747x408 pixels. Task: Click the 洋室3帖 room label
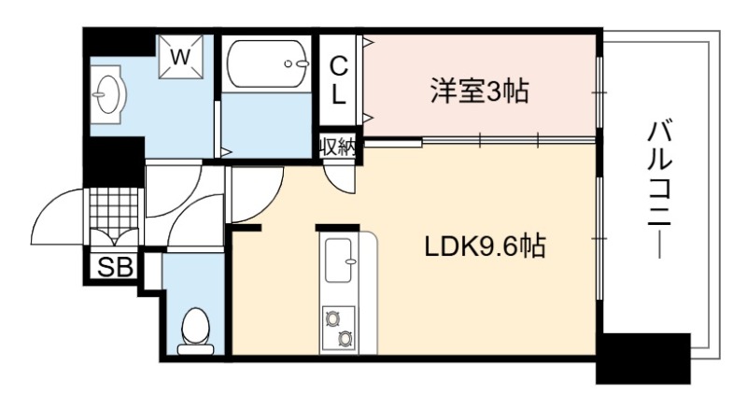pyautogui.click(x=479, y=91)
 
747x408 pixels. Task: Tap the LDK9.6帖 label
pyautogui.click(x=485, y=247)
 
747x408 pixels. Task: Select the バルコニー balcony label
pyautogui.click(x=659, y=190)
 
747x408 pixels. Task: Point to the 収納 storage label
pyautogui.click(x=338, y=148)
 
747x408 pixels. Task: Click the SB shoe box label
pyautogui.click(x=115, y=268)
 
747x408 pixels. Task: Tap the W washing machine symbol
pyautogui.click(x=180, y=57)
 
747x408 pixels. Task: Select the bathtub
pyautogui.click(x=268, y=63)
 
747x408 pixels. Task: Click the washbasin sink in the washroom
pyautogui.click(x=107, y=93)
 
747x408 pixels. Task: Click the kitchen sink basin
pyautogui.click(x=340, y=260)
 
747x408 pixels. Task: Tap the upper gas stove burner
pyautogui.click(x=331, y=318)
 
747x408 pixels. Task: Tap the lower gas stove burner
pyautogui.click(x=345, y=338)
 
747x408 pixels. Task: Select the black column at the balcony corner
pyautogui.click(x=643, y=358)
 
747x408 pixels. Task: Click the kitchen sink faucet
pyautogui.click(x=353, y=260)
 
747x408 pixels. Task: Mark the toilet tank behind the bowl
pyautogui.click(x=195, y=349)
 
